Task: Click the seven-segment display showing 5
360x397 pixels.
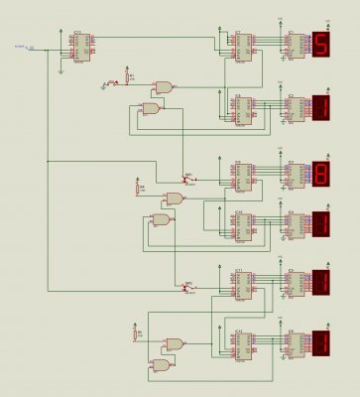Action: (x=321, y=46)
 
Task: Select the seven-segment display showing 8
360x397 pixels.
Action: (x=321, y=171)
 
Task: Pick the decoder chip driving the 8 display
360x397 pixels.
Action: (x=295, y=173)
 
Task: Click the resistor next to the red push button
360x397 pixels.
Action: (x=127, y=76)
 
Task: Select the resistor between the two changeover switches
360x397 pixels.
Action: (x=139, y=188)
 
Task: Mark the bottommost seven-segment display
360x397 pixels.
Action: (x=321, y=342)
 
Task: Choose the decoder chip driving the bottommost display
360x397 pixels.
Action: (x=295, y=343)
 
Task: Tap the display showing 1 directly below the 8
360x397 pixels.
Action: (x=321, y=224)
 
